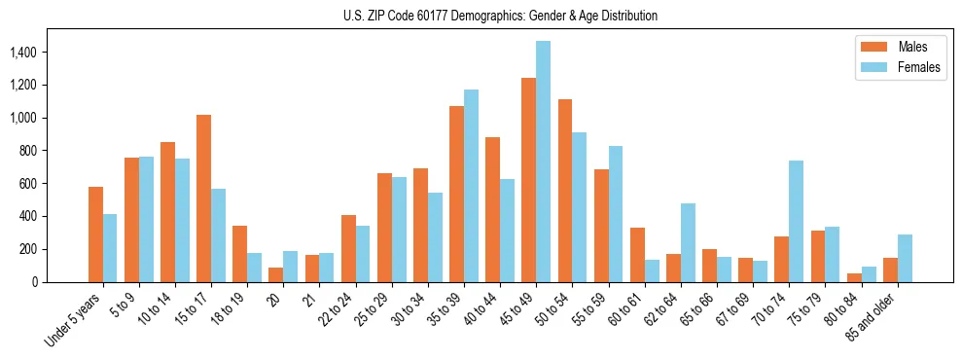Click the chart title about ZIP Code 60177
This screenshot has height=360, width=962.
coord(500,16)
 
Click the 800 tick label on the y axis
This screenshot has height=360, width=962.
coord(28,151)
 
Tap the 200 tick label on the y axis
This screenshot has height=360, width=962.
coord(28,249)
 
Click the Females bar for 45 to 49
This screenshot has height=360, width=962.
coord(543,162)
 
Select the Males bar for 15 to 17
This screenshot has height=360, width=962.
coord(203,198)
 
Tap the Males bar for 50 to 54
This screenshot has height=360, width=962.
coord(565,191)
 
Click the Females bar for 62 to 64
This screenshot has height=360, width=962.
coord(688,242)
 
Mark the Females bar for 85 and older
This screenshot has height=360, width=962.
coord(905,258)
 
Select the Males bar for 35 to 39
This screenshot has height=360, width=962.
coord(456,194)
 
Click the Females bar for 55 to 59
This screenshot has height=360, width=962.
coord(616,214)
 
